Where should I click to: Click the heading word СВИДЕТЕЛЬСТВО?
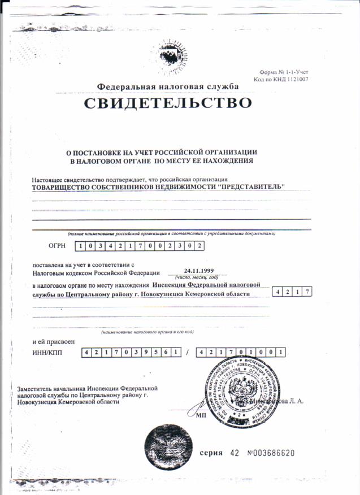(167, 103)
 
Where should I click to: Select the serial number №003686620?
(271, 454)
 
